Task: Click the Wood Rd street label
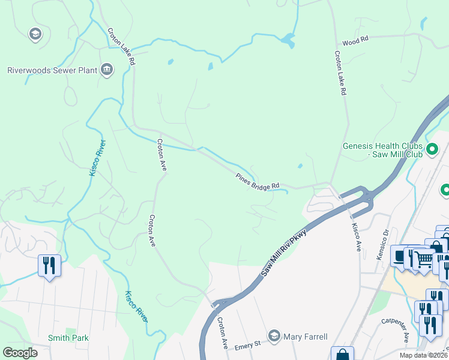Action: coord(355,43)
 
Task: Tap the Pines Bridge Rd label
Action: coord(258,181)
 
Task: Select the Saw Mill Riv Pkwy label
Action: coord(284,253)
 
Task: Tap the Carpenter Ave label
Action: coord(396,329)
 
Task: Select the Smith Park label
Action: coord(68,338)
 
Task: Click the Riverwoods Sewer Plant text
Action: coord(52,70)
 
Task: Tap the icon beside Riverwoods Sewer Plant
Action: coord(107,70)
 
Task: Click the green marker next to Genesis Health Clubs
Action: coord(432,149)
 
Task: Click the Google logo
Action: coord(21,353)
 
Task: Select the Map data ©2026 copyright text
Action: coord(423,355)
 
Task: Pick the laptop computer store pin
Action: coord(400,254)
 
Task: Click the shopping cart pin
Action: coord(424,259)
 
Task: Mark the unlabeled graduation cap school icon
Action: coord(35,34)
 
